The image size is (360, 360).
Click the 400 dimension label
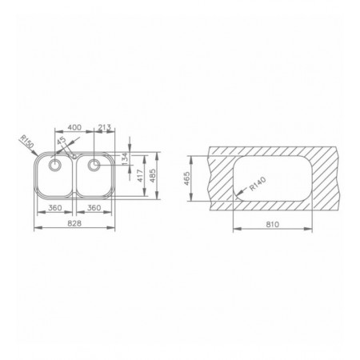tap(74, 127)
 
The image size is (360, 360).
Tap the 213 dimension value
tap(104, 127)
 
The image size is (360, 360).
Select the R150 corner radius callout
tap(27, 142)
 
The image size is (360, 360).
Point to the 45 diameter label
tap(62, 141)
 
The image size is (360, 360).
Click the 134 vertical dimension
tap(125, 158)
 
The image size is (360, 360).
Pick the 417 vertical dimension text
tap(140, 176)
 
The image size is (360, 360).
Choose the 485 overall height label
tap(153, 176)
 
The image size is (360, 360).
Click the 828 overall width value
tap(74, 223)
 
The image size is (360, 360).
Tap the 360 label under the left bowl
tap(55, 208)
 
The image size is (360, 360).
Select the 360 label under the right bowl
tap(94, 208)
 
